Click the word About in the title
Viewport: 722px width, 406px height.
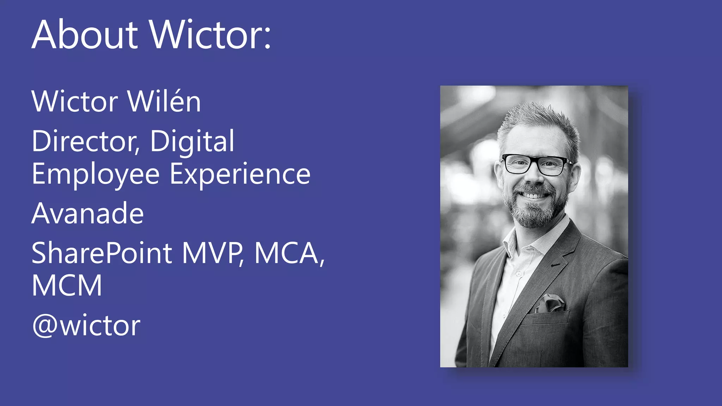[85, 35]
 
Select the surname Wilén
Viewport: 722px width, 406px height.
[164, 101]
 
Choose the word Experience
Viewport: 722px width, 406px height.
[240, 174]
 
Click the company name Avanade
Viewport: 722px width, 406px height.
[88, 213]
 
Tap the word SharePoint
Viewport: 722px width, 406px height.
[102, 253]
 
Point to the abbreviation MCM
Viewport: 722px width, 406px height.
[67, 285]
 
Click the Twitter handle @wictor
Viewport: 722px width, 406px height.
[86, 326]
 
